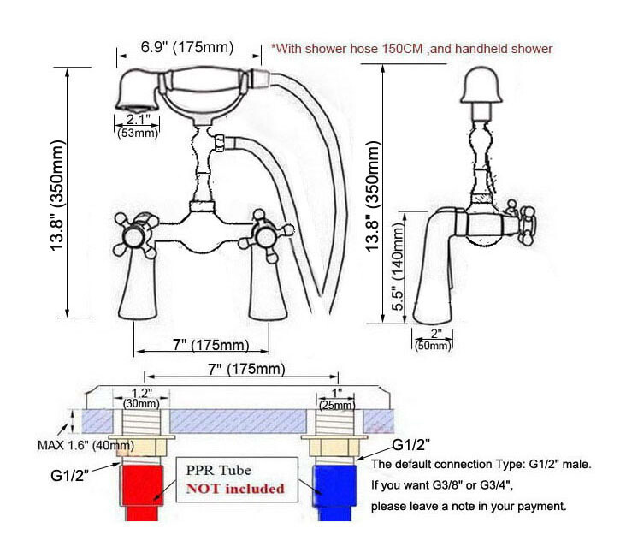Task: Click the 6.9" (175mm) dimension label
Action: pos(186,47)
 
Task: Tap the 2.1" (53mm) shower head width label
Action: pos(138,126)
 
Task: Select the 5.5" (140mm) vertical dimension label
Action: pos(398,267)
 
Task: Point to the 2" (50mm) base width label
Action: pos(434,340)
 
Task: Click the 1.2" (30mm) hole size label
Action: pos(141,398)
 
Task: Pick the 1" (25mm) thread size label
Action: pos(337,399)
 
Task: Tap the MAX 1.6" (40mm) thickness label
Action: pos(86,445)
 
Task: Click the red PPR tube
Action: pos(141,492)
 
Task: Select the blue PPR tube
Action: pos(334,492)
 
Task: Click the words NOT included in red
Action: pos(235,489)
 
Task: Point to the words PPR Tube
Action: pos(218,470)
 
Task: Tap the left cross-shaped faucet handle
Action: pos(135,235)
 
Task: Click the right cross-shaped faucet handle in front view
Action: pos(266,235)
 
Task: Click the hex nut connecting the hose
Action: pos(220,144)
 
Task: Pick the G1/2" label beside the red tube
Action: pos(70,476)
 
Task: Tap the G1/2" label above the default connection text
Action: pos(411,444)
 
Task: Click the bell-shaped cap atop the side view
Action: pos(481,85)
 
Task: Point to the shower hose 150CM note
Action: pos(412,49)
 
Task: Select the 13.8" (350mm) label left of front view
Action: pos(56,195)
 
